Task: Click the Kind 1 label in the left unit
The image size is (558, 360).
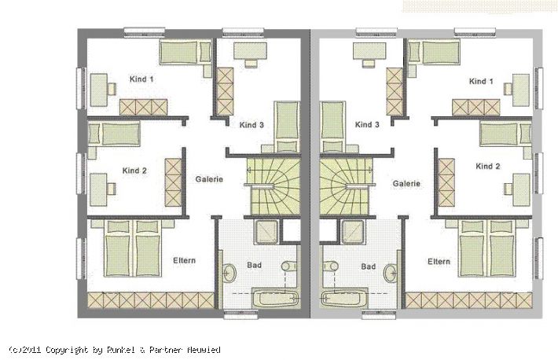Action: point(141,79)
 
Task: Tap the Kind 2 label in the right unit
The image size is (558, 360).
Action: point(488,167)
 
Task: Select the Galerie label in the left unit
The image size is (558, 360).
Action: point(209,179)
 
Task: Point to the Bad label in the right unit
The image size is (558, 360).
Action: point(369,266)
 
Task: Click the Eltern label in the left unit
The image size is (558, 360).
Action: point(185,260)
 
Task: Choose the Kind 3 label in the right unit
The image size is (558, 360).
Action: point(367,125)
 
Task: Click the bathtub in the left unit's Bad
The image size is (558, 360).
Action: point(275,298)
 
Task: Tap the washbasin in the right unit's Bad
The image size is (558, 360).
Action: point(391,273)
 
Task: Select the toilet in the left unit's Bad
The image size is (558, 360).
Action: point(288,266)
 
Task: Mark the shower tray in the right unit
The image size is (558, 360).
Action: point(353,232)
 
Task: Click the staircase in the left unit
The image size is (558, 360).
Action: point(274,186)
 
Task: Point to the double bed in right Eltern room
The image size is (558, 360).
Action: point(486,248)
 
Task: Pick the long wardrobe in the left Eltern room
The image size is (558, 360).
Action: point(151,300)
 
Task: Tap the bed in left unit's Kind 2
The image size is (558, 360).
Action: point(114,134)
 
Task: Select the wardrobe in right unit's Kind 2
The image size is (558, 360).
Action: point(446,182)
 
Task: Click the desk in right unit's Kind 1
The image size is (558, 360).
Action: point(520,90)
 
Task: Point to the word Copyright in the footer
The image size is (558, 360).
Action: point(67,350)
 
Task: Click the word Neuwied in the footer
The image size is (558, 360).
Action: point(204,350)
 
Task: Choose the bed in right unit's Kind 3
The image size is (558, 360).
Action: point(333,127)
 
